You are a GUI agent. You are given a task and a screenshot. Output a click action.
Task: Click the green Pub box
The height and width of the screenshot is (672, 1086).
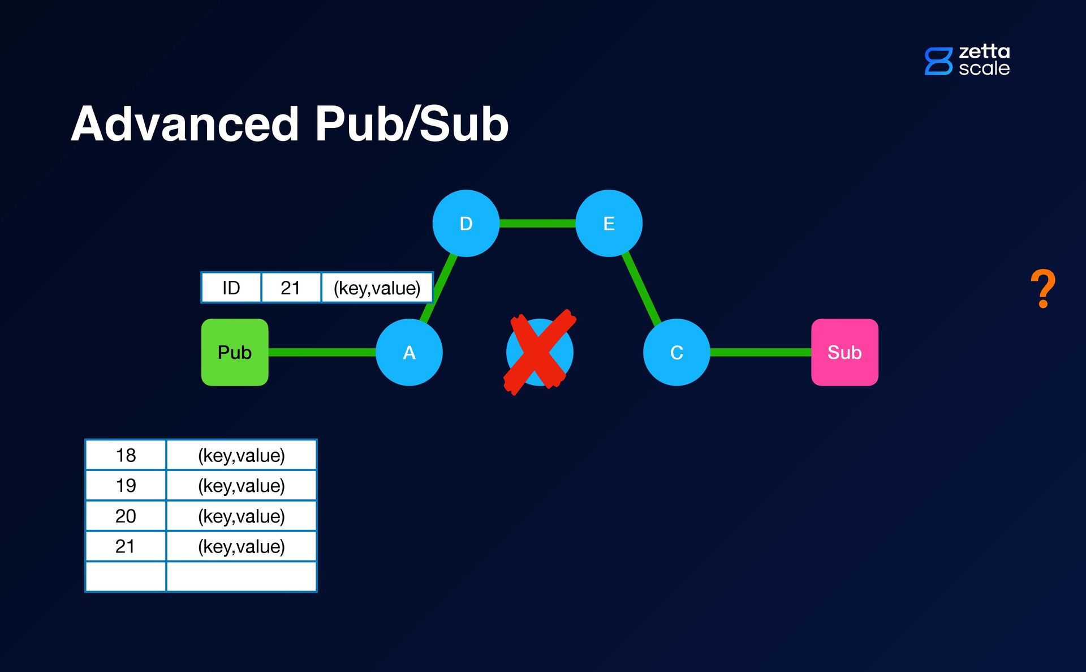[235, 352]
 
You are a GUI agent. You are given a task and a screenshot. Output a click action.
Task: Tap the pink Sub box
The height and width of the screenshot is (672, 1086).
[844, 352]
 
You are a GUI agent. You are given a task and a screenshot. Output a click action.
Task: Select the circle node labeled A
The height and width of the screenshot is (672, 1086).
[409, 352]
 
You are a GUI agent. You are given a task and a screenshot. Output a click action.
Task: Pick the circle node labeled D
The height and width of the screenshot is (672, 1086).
[466, 223]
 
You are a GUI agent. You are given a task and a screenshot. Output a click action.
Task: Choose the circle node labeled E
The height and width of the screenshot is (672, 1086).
[609, 223]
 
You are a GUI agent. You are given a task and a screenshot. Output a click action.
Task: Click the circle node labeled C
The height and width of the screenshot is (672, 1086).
[676, 352]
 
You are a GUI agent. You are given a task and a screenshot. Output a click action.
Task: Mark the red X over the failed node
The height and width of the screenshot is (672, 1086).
[540, 352]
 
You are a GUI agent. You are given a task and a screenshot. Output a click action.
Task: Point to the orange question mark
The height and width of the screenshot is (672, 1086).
[1043, 289]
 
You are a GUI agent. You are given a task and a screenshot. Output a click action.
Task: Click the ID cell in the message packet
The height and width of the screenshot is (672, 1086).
[231, 288]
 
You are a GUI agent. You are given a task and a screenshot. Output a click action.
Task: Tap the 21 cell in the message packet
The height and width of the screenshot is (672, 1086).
[291, 288]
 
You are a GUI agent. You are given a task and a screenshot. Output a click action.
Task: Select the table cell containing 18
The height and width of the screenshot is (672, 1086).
[126, 455]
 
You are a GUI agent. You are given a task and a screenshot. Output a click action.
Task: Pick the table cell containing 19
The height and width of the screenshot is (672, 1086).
[126, 485]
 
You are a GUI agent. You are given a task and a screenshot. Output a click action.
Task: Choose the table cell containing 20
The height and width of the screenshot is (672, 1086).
[126, 516]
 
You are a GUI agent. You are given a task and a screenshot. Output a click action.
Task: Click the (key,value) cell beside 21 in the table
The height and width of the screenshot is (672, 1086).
[242, 546]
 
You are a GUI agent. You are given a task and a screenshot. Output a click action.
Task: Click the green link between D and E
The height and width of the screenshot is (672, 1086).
[537, 224]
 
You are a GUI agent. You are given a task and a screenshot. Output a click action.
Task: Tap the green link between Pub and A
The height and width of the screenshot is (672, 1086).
[322, 352]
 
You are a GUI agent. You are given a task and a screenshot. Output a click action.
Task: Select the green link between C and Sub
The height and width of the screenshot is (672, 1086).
[761, 352]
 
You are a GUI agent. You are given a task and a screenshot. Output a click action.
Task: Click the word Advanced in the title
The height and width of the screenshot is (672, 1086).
[185, 124]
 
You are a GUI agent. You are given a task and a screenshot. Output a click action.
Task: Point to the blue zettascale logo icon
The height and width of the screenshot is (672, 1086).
[938, 61]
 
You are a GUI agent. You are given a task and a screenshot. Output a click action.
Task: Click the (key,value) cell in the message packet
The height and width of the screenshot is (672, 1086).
[377, 288]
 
